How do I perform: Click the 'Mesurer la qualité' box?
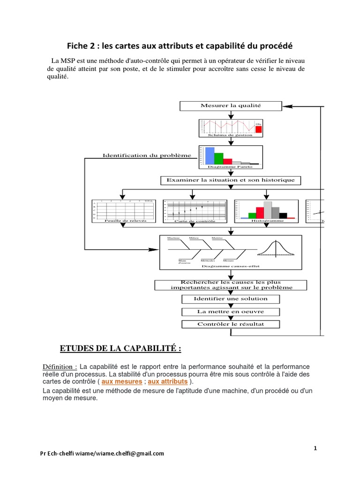(230, 106)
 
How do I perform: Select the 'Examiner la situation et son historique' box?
(230, 180)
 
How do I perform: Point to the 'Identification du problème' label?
(147, 155)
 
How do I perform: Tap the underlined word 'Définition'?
(59, 366)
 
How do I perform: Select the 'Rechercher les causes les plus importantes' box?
(230, 285)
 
